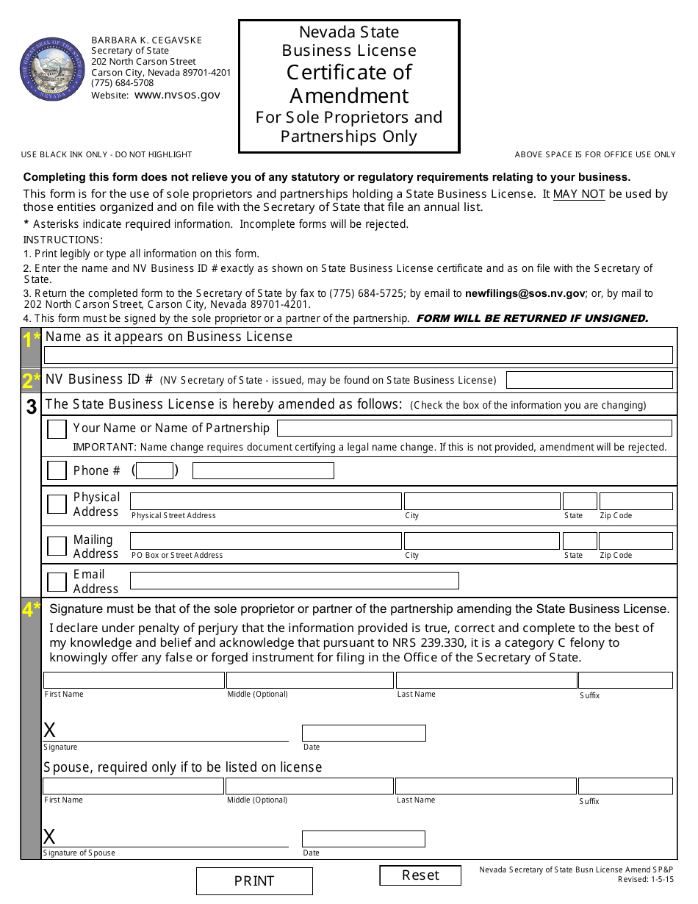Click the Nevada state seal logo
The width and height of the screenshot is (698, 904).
(x=53, y=70)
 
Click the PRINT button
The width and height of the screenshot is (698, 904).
(x=254, y=880)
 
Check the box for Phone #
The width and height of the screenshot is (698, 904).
(x=57, y=470)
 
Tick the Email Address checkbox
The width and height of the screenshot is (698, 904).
(x=57, y=581)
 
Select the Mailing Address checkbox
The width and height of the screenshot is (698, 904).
(x=57, y=546)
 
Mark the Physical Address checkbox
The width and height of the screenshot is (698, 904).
(x=57, y=504)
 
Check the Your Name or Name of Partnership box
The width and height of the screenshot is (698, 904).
(x=57, y=429)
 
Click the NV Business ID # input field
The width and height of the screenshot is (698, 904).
(x=589, y=380)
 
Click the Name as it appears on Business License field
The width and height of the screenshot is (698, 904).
(x=358, y=355)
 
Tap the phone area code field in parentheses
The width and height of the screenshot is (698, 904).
(x=155, y=470)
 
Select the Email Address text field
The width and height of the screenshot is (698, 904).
(x=294, y=581)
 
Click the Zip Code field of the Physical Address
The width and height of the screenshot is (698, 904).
(x=636, y=501)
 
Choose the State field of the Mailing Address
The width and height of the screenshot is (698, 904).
(x=580, y=541)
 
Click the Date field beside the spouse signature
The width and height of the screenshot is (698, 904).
(x=363, y=839)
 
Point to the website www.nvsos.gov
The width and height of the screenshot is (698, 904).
(x=177, y=95)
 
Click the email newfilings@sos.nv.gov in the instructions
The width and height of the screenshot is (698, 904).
(x=525, y=293)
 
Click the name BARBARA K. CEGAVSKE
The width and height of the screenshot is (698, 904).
(x=146, y=40)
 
